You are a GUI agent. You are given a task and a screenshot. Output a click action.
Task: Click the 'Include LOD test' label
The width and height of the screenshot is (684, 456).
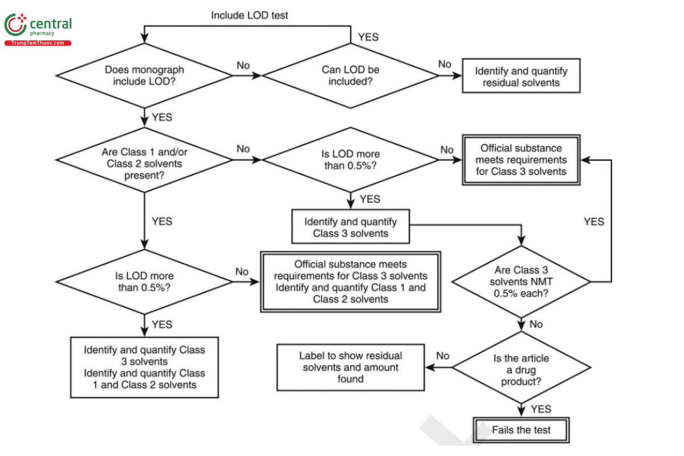(x=249, y=15)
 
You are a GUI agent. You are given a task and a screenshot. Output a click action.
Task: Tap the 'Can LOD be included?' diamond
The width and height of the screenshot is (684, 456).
(x=349, y=75)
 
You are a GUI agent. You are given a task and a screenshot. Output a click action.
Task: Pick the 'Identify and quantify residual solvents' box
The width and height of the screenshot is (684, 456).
(x=521, y=76)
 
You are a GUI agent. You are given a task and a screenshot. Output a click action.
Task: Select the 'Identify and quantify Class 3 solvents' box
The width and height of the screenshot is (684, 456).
(x=351, y=227)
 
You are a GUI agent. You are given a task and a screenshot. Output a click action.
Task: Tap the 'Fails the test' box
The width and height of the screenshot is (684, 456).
(x=521, y=429)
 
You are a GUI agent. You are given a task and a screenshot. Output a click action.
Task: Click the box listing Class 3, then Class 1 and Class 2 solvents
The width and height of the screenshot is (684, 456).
(x=144, y=367)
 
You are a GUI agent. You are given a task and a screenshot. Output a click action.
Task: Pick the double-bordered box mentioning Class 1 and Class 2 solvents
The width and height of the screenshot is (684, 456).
(x=351, y=282)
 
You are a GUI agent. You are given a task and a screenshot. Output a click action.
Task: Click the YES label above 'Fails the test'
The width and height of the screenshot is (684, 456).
(x=541, y=409)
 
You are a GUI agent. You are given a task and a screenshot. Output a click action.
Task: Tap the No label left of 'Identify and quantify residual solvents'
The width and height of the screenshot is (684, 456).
(x=445, y=64)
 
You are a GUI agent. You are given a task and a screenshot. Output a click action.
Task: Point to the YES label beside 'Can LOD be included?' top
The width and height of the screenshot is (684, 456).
(x=368, y=37)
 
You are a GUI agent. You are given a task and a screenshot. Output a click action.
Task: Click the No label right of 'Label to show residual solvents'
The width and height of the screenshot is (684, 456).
(x=443, y=356)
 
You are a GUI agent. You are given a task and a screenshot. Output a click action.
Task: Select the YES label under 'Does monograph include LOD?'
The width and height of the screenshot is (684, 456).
(x=162, y=117)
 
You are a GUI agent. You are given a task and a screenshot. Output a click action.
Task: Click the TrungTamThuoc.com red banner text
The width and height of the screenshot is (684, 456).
(x=38, y=43)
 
